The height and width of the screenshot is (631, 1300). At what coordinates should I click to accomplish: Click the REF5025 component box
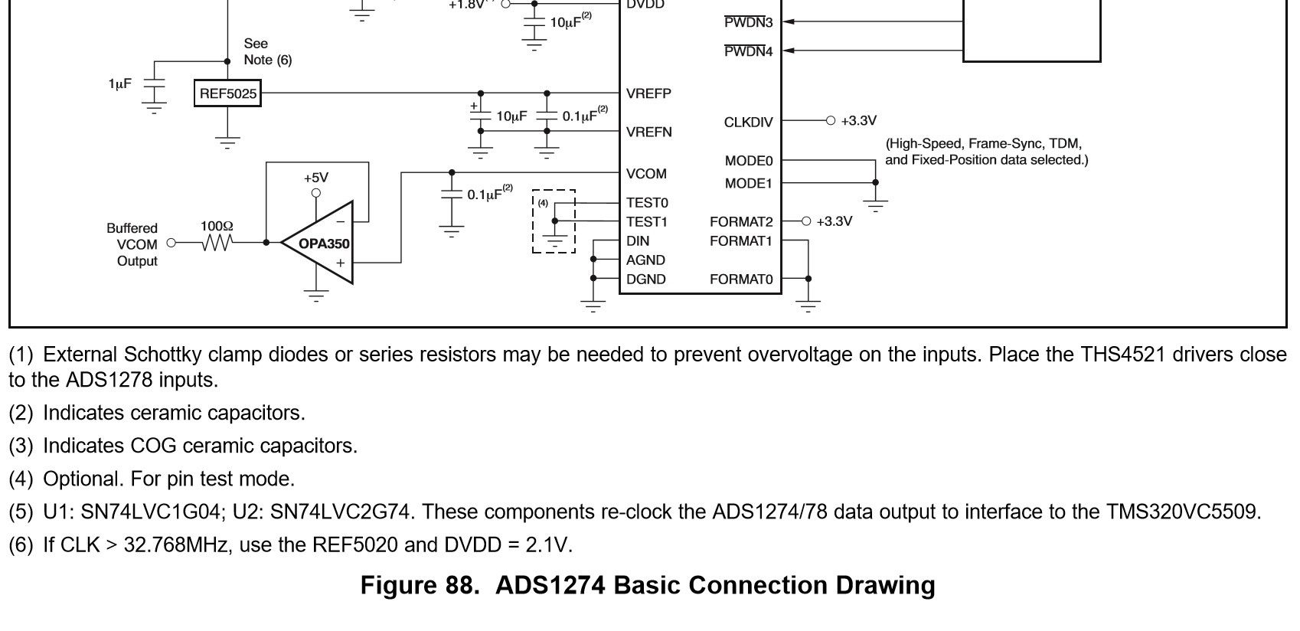(x=227, y=94)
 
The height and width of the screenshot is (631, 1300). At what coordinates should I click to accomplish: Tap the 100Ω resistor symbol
(x=217, y=242)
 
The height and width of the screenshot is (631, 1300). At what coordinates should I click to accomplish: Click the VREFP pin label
(x=648, y=93)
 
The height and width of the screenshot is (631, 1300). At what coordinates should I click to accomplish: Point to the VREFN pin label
(x=648, y=132)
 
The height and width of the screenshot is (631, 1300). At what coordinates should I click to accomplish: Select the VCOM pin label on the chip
(x=645, y=174)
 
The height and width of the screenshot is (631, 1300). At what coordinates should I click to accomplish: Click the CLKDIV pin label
(x=748, y=123)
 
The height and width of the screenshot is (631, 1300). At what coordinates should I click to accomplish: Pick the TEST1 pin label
(x=646, y=222)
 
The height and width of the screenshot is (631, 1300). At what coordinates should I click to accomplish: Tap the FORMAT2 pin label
(x=740, y=222)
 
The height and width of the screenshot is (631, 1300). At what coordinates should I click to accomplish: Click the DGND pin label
(x=645, y=280)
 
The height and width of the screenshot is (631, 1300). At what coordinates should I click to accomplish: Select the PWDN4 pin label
(x=748, y=51)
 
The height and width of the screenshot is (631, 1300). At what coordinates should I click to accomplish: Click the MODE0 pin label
(x=748, y=161)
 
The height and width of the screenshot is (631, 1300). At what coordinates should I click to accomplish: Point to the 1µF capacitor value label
(x=119, y=83)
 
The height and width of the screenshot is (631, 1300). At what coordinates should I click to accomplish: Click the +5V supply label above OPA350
(x=315, y=177)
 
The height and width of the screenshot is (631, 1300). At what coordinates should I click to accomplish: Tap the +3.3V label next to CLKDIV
(x=858, y=121)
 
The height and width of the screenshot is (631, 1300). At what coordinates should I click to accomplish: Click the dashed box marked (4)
(x=554, y=221)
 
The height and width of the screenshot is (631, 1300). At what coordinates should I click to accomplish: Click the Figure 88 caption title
(x=648, y=585)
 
